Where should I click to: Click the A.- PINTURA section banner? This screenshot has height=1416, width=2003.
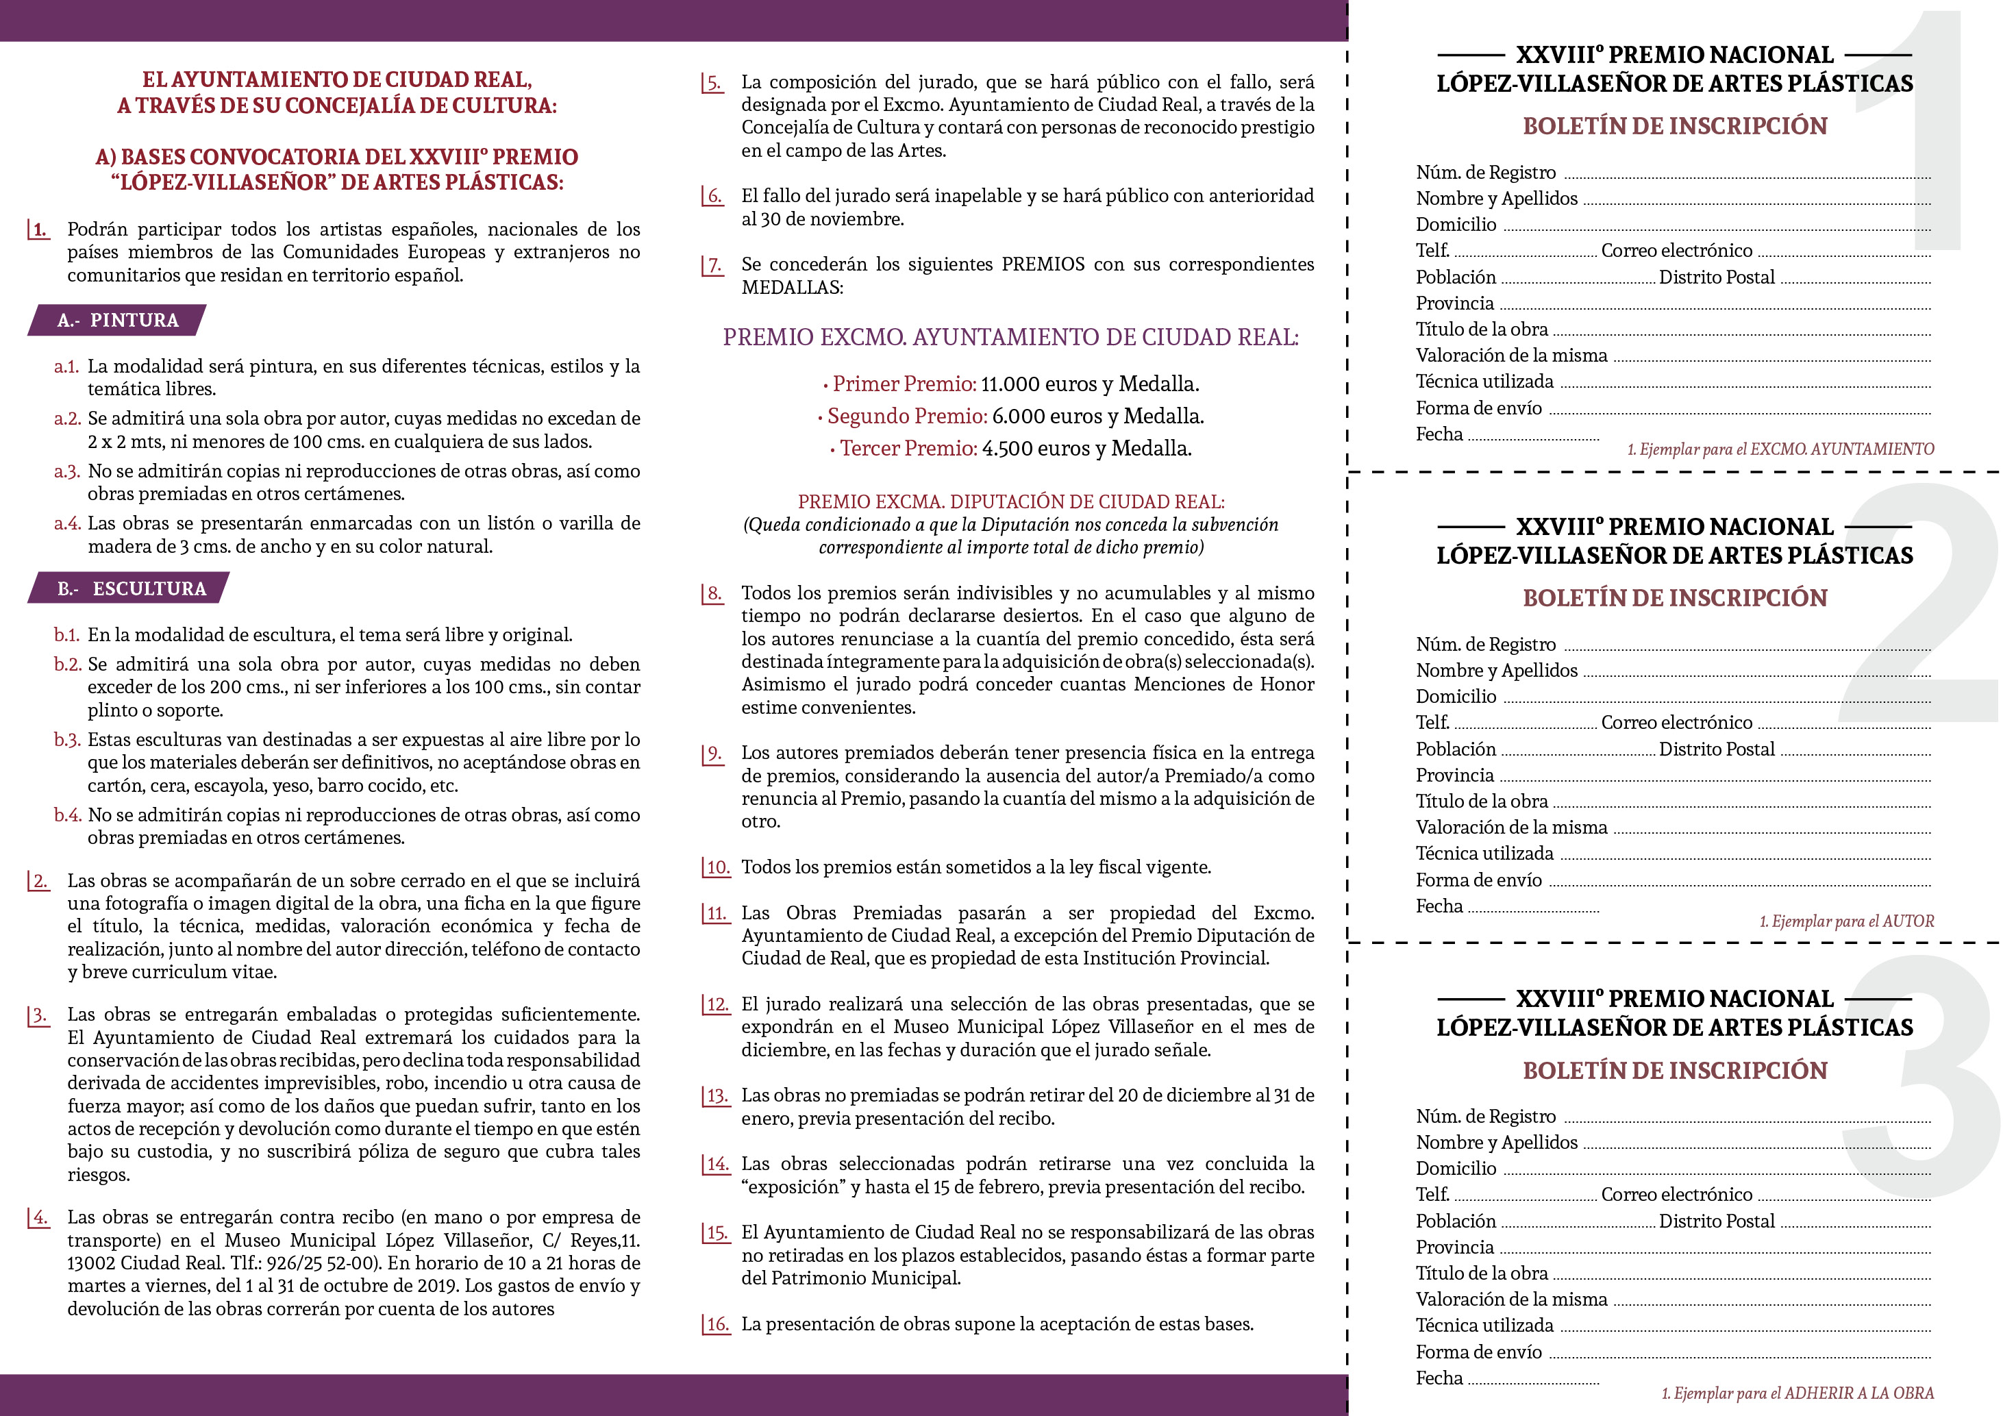pyautogui.click(x=117, y=320)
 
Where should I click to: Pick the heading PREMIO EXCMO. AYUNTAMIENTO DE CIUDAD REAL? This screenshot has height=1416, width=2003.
pyautogui.click(x=1010, y=338)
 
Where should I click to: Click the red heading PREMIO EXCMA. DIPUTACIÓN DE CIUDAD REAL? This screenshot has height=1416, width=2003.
pyautogui.click(x=1010, y=501)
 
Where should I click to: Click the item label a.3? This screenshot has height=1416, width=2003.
pyautogui.click(x=67, y=472)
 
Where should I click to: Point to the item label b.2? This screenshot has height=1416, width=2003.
pyautogui.click(x=67, y=664)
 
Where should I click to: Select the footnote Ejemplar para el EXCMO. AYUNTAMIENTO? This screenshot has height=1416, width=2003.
pyautogui.click(x=1780, y=449)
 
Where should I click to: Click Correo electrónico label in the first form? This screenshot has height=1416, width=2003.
pyautogui.click(x=1676, y=251)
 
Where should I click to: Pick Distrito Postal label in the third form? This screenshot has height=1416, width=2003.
pyautogui.click(x=1716, y=1221)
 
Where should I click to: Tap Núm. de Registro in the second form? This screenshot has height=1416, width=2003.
pyautogui.click(x=1485, y=645)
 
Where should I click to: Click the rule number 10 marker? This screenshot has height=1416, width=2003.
pyautogui.click(x=717, y=867)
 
